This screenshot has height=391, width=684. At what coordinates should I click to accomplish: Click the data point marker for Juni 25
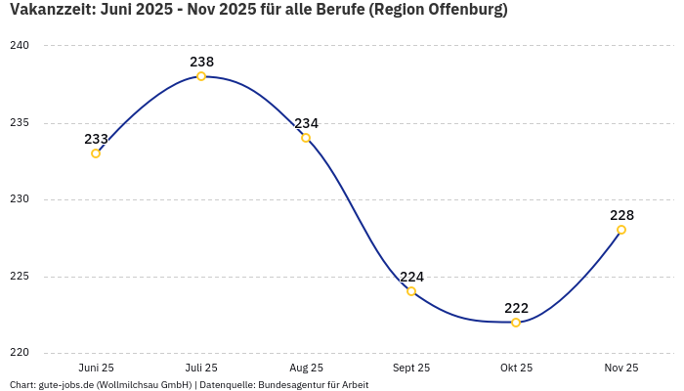96,153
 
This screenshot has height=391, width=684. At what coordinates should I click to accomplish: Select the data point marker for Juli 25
201,76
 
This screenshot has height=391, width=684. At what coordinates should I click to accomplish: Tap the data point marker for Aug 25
306,138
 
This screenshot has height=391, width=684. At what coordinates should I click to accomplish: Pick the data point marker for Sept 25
411,291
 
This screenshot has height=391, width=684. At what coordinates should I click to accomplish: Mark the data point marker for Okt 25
516,323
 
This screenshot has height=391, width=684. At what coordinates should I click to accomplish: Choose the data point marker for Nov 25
621,230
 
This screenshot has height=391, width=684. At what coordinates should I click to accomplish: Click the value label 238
201,62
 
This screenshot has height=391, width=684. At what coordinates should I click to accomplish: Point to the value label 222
516,308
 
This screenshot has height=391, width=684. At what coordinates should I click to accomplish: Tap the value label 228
621,215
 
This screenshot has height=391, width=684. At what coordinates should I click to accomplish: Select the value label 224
411,277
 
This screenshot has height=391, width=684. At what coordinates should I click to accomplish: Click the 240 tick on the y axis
20,46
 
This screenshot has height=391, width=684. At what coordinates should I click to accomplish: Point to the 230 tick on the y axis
20,199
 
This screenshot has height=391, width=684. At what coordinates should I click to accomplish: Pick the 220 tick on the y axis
20,353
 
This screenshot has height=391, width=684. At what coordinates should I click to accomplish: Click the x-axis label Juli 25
201,368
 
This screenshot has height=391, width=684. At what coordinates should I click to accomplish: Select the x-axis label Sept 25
411,368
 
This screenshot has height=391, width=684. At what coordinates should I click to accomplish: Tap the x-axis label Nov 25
621,368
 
